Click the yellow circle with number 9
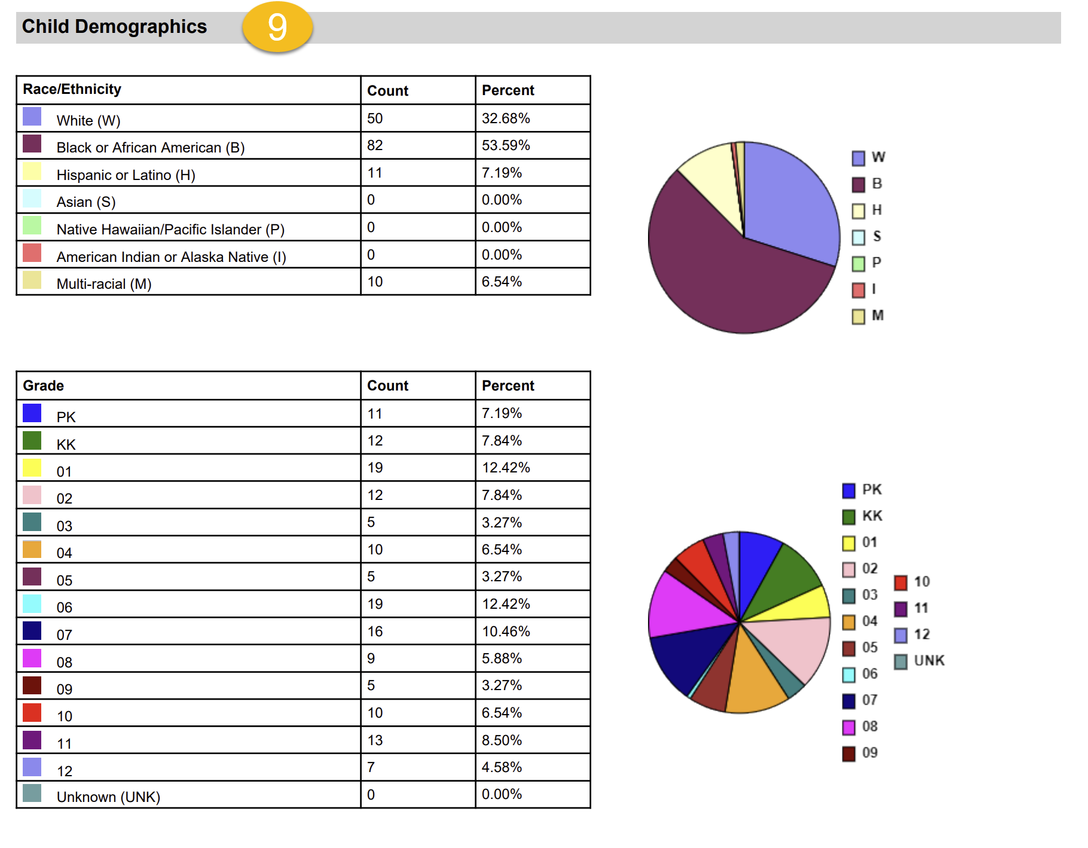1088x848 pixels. click(x=277, y=27)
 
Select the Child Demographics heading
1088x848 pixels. click(x=114, y=27)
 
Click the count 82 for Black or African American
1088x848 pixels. click(x=375, y=145)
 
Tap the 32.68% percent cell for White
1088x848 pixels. click(x=506, y=118)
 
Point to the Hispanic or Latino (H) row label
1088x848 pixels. click(x=126, y=175)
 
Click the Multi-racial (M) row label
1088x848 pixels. click(x=104, y=284)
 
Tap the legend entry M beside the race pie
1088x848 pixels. click(x=869, y=316)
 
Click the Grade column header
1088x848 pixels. click(x=43, y=386)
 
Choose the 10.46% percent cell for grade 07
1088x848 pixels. click(x=506, y=632)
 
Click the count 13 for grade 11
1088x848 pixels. click(x=375, y=740)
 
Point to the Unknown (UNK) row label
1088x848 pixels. click(x=108, y=797)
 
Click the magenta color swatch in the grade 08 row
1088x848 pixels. click(x=32, y=658)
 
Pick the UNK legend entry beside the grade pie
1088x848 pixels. click(x=921, y=661)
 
